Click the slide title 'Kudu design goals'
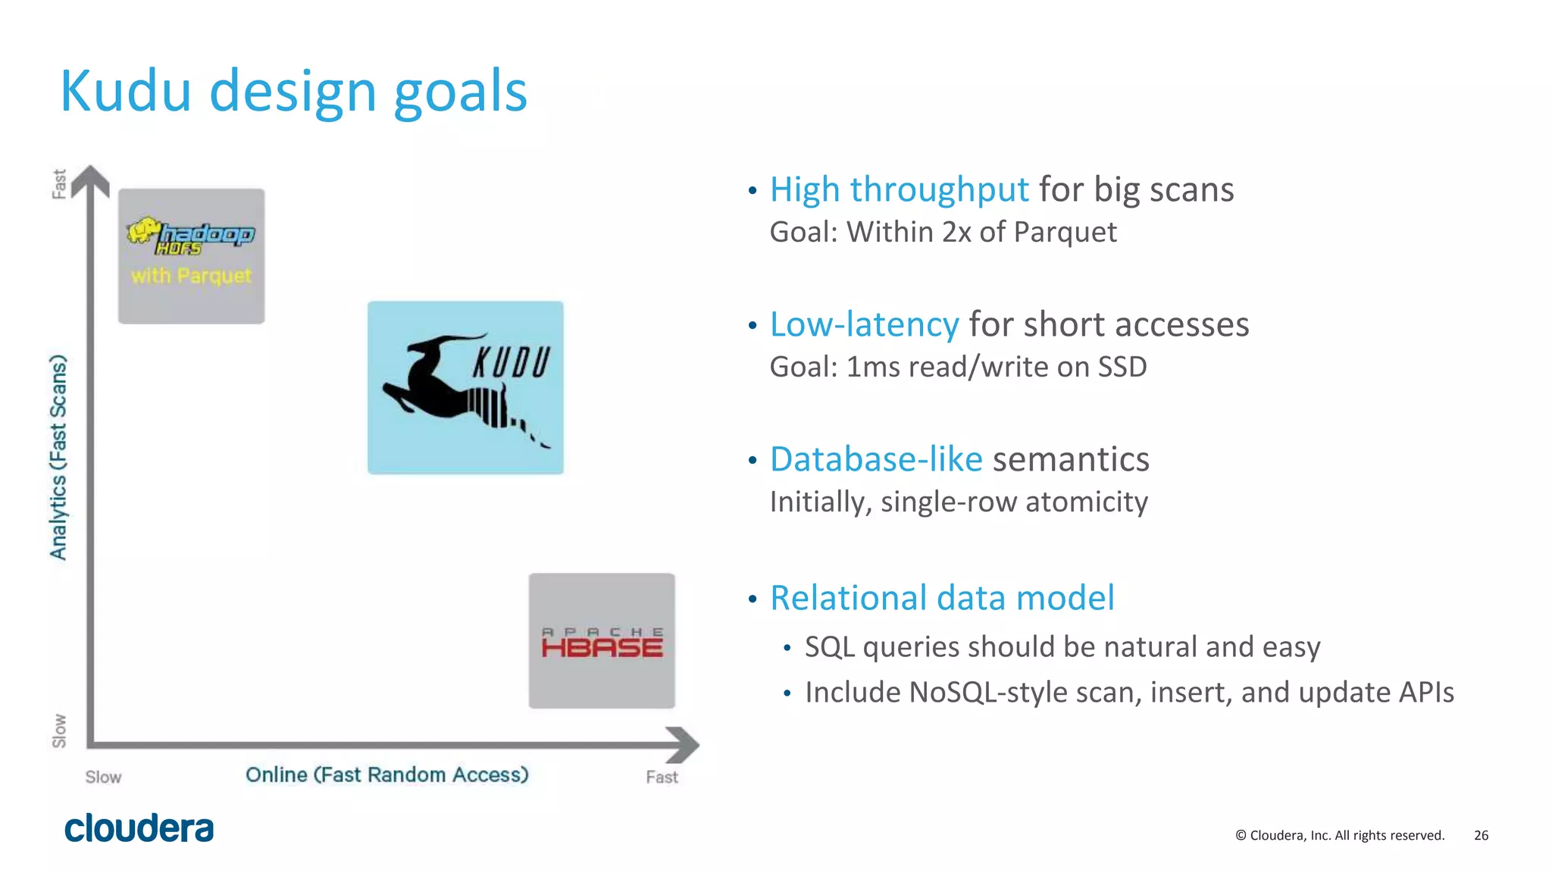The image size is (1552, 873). (x=293, y=92)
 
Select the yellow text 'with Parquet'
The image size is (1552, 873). (x=191, y=275)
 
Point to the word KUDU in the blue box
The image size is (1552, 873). (x=512, y=363)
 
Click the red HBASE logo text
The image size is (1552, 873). (x=602, y=647)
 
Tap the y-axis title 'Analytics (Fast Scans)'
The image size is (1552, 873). (x=58, y=457)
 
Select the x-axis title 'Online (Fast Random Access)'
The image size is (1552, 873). (x=386, y=774)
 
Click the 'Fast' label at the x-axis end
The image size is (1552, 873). (x=662, y=778)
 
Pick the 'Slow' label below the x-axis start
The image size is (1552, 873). (x=103, y=778)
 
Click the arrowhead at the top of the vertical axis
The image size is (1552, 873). (x=91, y=180)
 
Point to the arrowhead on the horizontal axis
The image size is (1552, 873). (x=683, y=744)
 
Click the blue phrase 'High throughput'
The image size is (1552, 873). (x=899, y=189)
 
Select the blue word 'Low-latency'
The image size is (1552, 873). (x=864, y=324)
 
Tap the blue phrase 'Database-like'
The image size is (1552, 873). (x=876, y=459)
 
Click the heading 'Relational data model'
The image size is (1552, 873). (x=942, y=598)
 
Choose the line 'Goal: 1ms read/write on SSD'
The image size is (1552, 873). (x=958, y=367)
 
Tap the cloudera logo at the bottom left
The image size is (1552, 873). (x=139, y=828)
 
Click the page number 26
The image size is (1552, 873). (x=1481, y=835)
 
